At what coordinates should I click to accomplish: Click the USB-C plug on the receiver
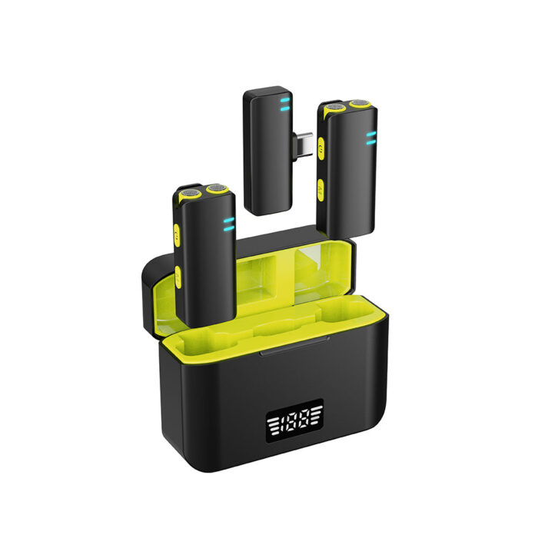click(x=303, y=145)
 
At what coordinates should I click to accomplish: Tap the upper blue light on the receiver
click(x=285, y=100)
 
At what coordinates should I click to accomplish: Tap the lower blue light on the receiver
click(x=285, y=109)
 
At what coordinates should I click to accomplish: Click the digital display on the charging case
click(x=294, y=420)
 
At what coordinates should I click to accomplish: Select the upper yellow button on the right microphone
click(x=321, y=148)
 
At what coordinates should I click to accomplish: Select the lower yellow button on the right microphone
click(x=320, y=190)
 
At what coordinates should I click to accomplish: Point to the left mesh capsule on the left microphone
click(x=191, y=193)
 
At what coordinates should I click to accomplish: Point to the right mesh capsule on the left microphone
click(x=216, y=188)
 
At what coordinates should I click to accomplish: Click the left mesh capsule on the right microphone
click(x=334, y=107)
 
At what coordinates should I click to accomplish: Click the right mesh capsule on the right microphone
click(x=359, y=102)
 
